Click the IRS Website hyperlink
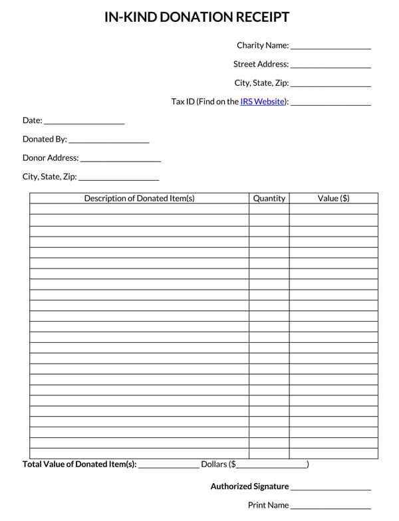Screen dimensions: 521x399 coord(263,102)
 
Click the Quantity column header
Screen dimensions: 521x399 coord(269,198)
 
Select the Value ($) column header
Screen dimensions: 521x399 coord(333,198)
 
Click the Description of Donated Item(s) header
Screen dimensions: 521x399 coord(139,198)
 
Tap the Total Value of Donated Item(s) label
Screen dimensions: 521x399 coord(79,465)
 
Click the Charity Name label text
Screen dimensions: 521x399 coord(263,46)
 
